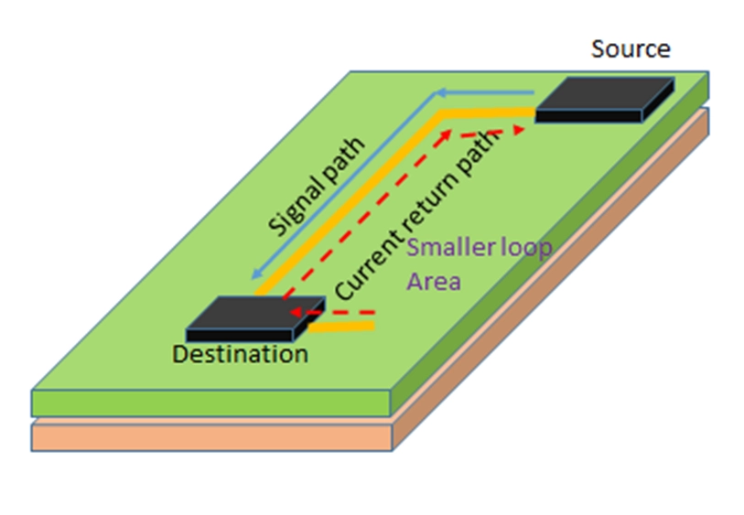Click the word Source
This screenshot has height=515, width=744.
point(631,48)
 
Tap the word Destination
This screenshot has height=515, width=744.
point(241,354)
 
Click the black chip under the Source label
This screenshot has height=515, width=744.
point(602,99)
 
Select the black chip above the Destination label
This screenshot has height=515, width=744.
point(253,316)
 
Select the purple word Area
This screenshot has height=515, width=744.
point(433,280)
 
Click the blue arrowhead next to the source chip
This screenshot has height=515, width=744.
point(440,92)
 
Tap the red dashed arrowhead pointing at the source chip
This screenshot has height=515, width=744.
point(518,130)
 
